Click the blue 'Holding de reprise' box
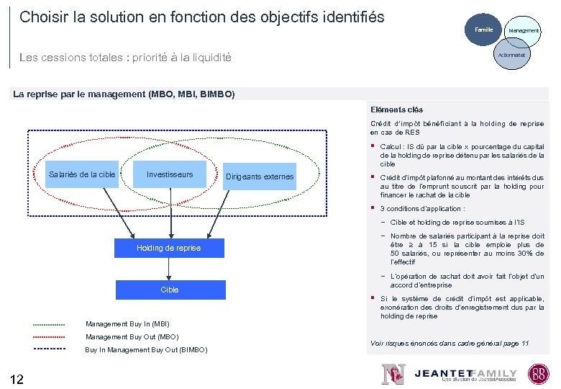tap(169, 248)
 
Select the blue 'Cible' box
tap(169, 290)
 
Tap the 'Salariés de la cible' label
tap(81, 175)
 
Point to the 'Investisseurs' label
tap(170, 175)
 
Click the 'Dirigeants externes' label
tap(260, 176)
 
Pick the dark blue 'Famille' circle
tap(483, 30)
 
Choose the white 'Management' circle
tap(524, 31)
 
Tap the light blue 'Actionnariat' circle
tap(511, 54)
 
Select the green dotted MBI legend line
tap(49, 323)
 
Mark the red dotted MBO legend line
tap(49, 336)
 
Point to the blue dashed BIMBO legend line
tap(49, 349)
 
